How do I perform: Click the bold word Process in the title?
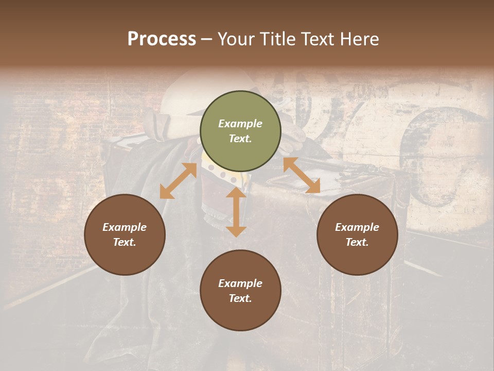coord(162,39)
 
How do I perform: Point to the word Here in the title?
coord(360,39)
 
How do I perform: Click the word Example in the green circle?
coord(240,124)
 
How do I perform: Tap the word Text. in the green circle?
coord(240,139)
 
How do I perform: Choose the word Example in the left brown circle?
coord(125,227)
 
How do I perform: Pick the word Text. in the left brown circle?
coord(125,242)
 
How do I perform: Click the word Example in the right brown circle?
coord(357,227)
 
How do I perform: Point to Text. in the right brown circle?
coord(357,242)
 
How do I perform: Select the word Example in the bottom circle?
coord(240,283)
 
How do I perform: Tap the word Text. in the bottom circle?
coord(240,298)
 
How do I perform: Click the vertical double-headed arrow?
coord(236,211)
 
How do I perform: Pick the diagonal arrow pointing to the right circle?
coord(302,175)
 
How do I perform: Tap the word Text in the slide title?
coord(319,39)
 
